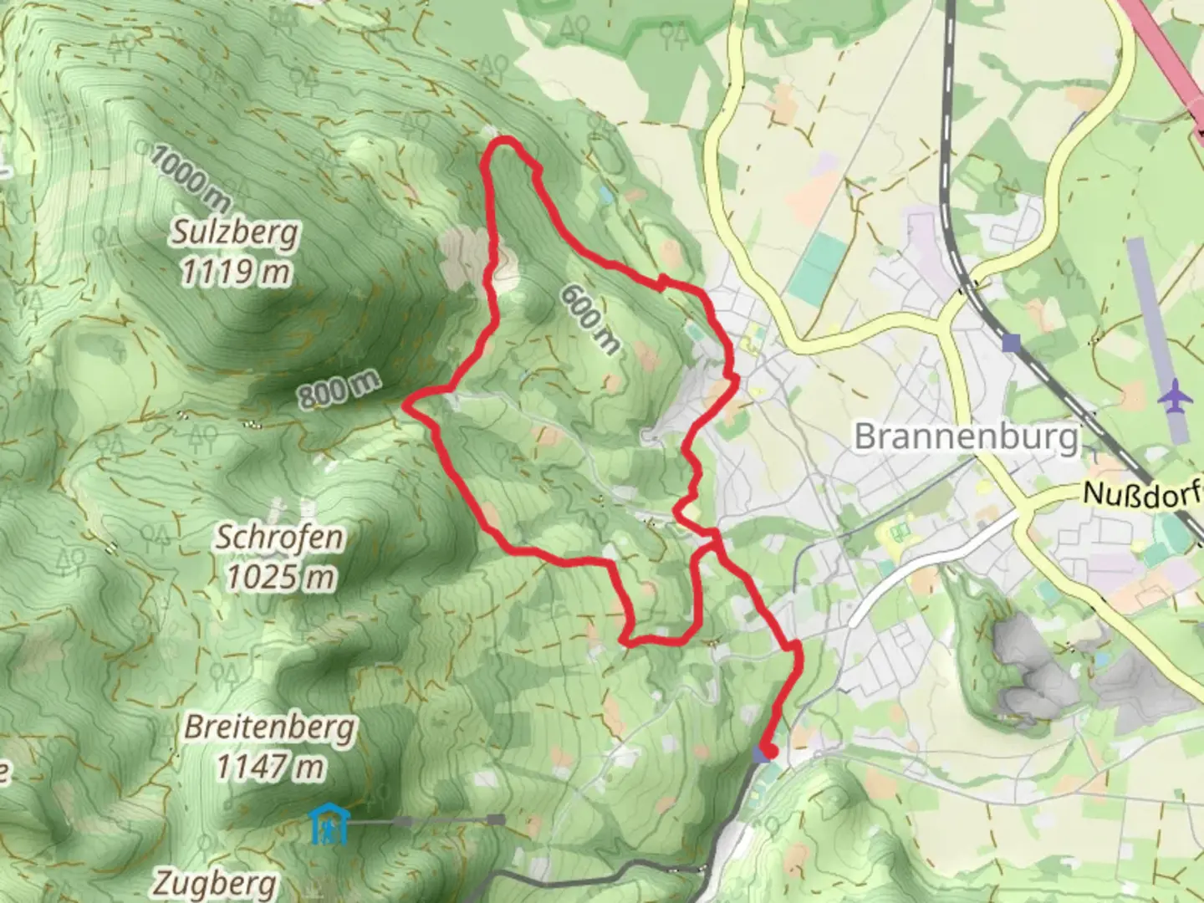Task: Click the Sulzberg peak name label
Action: (x=235, y=232)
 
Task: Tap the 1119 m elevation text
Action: (x=235, y=272)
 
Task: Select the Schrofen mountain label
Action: (x=279, y=537)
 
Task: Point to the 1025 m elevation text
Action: (x=279, y=576)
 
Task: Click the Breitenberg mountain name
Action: (x=269, y=727)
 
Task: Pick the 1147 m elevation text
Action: (x=269, y=766)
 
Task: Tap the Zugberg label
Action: (x=216, y=883)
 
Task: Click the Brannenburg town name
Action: (x=967, y=436)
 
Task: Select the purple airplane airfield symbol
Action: (x=1177, y=395)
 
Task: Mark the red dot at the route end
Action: (x=770, y=752)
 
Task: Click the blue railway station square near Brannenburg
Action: (x=1013, y=342)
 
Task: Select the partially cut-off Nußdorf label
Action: (x=1142, y=493)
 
